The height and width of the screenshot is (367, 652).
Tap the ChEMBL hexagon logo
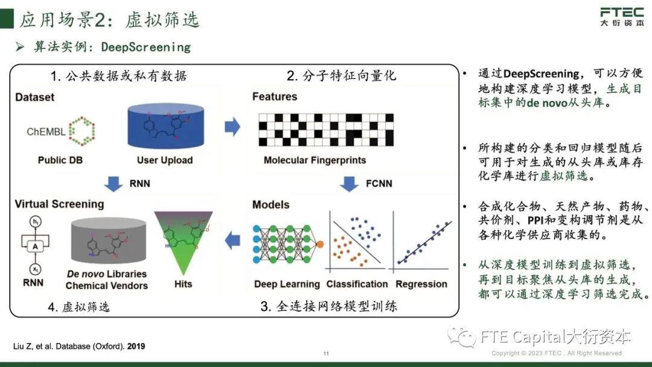(82, 130)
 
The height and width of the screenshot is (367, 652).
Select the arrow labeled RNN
(113, 183)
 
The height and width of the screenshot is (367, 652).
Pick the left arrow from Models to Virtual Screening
(232, 242)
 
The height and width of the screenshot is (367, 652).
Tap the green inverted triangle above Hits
(184, 241)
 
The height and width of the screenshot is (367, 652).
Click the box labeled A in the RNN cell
(36, 246)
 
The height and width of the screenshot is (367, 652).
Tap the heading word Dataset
(34, 97)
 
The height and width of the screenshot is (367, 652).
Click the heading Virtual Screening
(59, 204)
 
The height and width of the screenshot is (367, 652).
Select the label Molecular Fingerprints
(315, 161)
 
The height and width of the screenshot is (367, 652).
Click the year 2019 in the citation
(135, 346)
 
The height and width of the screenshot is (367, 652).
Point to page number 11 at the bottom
(326, 353)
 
